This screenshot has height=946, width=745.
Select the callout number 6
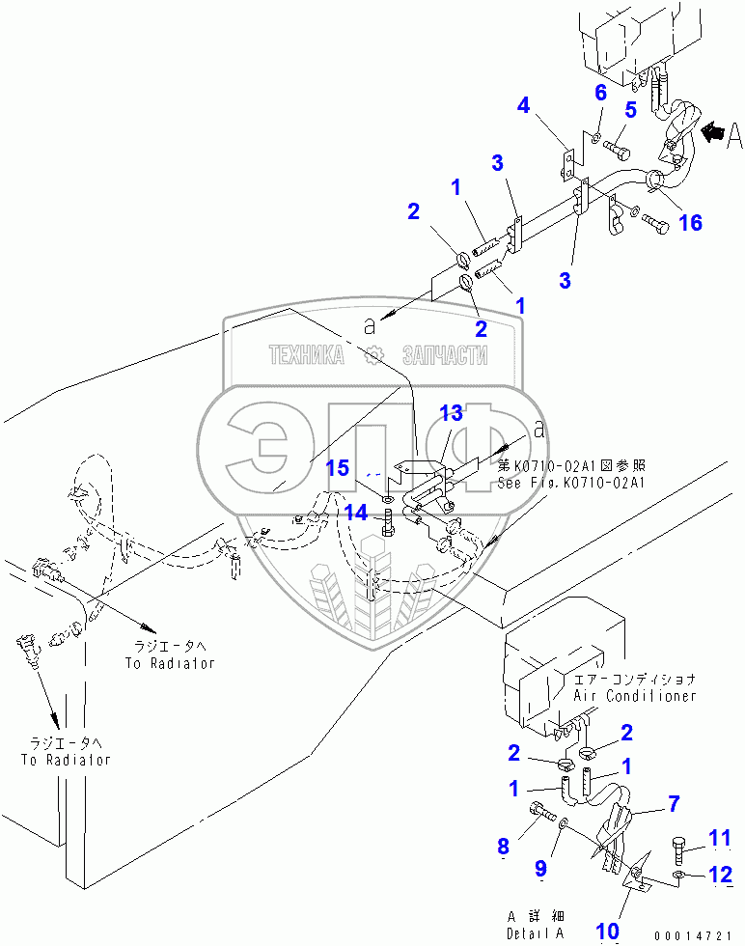(x=600, y=93)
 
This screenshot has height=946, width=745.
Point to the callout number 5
(x=630, y=110)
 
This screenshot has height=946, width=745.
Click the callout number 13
(x=452, y=413)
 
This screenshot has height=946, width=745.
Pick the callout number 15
(x=337, y=468)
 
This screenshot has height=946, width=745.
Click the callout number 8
(x=504, y=847)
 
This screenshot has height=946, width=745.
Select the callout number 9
(x=542, y=870)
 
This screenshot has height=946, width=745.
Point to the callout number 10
(x=606, y=931)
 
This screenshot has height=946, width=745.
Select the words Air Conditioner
(x=634, y=695)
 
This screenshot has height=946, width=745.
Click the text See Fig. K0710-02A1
(x=571, y=482)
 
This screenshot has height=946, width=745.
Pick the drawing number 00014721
(x=692, y=935)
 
